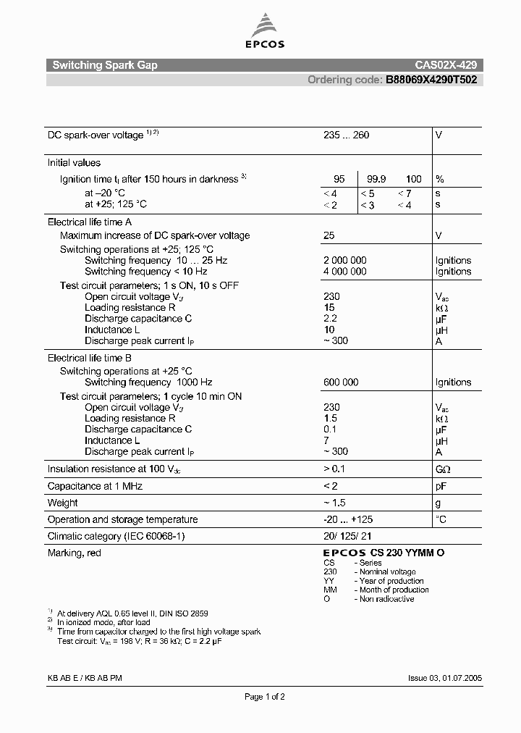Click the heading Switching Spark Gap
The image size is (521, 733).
click(105, 65)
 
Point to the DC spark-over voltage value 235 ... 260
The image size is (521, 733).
click(346, 135)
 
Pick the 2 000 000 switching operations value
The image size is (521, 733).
click(344, 260)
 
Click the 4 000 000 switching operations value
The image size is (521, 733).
click(344, 271)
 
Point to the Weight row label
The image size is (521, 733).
click(63, 503)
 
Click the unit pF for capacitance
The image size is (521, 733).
click(441, 486)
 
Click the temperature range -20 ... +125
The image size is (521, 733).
click(348, 519)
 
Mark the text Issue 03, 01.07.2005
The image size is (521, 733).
click(445, 679)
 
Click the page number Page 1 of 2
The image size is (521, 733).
click(265, 697)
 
